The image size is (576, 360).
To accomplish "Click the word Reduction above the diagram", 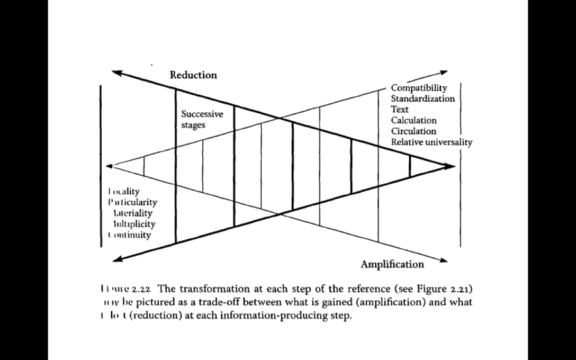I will (x=193, y=75).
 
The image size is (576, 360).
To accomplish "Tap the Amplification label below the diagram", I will (x=392, y=264).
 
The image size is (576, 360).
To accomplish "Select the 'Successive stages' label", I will (x=202, y=120).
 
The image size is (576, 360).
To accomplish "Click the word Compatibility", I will (x=419, y=88).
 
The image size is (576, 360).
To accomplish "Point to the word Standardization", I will (x=422, y=98).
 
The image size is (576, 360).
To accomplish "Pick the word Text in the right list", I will (x=400, y=110).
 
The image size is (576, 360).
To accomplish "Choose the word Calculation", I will (x=413, y=120).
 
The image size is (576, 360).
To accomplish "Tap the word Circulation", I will (x=413, y=131).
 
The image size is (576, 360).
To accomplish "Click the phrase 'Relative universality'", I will (x=431, y=142).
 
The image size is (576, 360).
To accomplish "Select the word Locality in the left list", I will (x=124, y=191).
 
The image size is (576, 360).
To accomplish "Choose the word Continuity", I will (x=130, y=235).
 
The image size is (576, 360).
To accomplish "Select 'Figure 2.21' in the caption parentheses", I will (x=449, y=289).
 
